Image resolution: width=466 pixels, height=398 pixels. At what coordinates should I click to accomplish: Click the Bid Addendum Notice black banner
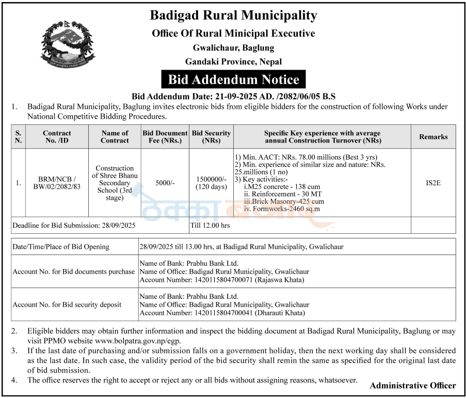234,79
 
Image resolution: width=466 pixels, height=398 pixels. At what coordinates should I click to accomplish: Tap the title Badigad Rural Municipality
233,15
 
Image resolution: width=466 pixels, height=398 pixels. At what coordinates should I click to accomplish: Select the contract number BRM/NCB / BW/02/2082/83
57,183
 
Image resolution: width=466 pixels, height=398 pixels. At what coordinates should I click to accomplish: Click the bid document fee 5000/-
165,183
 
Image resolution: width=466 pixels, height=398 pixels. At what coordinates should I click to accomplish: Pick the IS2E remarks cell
433,183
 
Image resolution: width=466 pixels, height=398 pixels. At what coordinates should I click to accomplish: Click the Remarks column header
433,137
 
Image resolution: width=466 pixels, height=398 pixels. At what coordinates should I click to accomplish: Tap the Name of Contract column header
115,137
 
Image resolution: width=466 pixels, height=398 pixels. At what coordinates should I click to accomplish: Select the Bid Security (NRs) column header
211,137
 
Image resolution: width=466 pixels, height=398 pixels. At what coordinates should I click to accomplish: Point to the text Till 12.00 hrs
211,225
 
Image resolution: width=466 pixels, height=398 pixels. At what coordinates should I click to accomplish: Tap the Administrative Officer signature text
413,385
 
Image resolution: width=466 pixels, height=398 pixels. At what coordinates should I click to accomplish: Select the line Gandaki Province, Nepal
233,61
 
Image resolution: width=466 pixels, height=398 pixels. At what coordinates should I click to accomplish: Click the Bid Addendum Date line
233,96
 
